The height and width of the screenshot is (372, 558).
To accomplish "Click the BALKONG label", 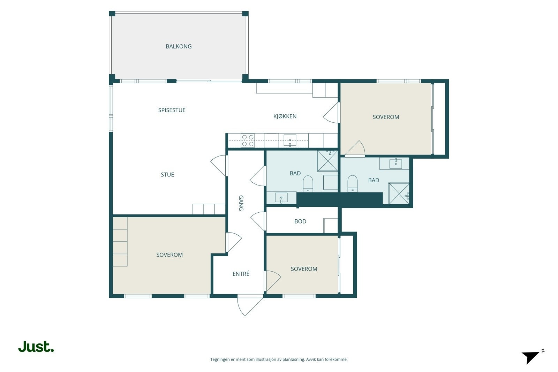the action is [x=179, y=46].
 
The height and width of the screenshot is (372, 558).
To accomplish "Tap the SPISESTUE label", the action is [x=172, y=110].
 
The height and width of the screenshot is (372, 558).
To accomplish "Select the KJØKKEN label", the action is [x=285, y=116].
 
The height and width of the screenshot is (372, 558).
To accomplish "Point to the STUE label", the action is [x=167, y=175].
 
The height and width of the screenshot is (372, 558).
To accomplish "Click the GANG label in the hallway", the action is [x=241, y=203].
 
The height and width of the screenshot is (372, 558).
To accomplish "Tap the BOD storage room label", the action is [x=300, y=221].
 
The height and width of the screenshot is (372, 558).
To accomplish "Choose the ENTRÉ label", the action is [x=241, y=274].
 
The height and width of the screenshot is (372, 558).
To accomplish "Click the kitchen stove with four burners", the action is [x=248, y=141].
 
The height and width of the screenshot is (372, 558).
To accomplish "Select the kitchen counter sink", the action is [x=290, y=140].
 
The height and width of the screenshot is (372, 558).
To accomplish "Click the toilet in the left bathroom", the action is [x=308, y=184].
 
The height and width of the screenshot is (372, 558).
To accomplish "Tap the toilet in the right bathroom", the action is [x=352, y=183].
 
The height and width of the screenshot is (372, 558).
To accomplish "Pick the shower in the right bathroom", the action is [x=399, y=193].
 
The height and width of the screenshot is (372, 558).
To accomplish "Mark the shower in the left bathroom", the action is [x=327, y=161].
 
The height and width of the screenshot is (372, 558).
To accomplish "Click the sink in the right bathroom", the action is [x=395, y=164].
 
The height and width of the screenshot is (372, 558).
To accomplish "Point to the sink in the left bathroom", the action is [x=281, y=198].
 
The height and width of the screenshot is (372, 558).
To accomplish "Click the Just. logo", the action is [x=36, y=346].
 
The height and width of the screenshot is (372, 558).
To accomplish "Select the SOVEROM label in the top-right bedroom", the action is [x=386, y=117].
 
